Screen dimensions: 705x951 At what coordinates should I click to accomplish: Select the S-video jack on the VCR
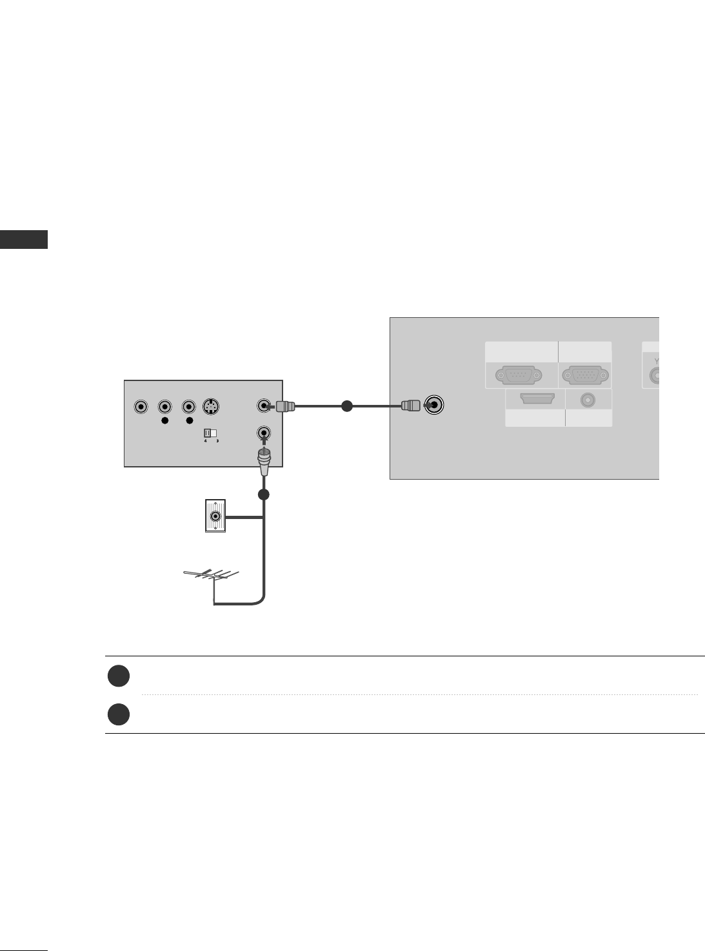point(211,407)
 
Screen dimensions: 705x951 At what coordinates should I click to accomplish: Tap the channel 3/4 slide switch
point(209,433)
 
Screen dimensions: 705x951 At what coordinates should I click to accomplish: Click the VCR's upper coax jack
point(263,406)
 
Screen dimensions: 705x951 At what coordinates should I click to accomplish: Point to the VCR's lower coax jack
point(263,433)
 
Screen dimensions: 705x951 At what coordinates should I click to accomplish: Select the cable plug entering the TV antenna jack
point(410,406)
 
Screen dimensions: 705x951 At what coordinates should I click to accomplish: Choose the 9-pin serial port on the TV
point(519,375)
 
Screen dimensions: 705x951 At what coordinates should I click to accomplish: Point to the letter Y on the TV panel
point(657,360)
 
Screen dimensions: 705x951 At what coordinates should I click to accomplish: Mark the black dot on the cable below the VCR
point(263,495)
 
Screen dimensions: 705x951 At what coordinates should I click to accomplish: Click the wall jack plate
point(215,516)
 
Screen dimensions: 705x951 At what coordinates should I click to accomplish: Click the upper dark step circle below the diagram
point(119,676)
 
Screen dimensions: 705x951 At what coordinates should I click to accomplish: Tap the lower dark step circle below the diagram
point(119,715)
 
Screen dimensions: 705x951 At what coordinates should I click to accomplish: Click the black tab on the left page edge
point(24,239)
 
